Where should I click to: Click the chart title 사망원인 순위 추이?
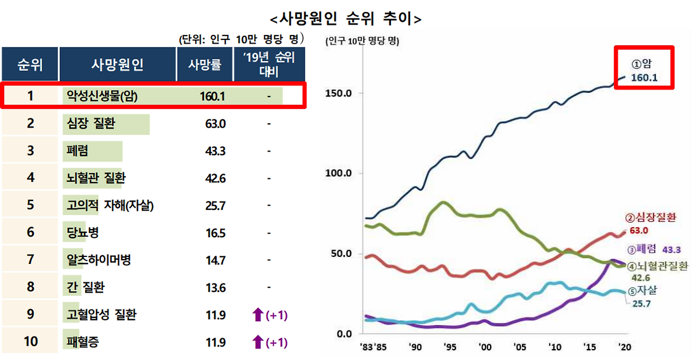click(x=346, y=19)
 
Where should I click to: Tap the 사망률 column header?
click(x=204, y=65)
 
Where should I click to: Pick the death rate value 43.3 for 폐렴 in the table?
click(x=215, y=151)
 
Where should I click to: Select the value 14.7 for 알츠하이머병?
click(x=215, y=260)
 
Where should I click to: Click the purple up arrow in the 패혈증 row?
click(x=257, y=343)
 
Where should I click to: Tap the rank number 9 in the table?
click(x=30, y=315)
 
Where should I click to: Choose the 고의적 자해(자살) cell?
click(x=109, y=206)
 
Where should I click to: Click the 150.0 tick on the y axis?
click(x=339, y=93)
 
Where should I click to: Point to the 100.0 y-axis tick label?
click(x=339, y=173)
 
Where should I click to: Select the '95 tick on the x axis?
click(x=449, y=347)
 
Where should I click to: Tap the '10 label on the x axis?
click(x=555, y=347)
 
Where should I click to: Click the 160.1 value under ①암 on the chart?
click(x=644, y=78)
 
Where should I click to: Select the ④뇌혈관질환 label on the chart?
click(x=657, y=266)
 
